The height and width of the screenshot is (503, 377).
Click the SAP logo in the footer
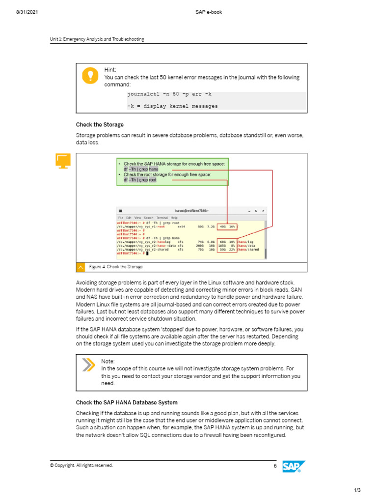pyautogui.click(x=294, y=466)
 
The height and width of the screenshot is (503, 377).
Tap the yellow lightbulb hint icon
pyautogui.click(x=90, y=75)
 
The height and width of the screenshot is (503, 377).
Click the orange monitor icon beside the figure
pyautogui.click(x=63, y=161)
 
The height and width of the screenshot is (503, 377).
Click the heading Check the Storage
pyautogui.click(x=100, y=125)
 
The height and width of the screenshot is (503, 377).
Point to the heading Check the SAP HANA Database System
pyautogui.click(x=127, y=402)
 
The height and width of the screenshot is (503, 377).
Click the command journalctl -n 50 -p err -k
pyautogui.click(x=169, y=93)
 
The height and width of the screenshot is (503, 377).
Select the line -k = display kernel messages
pyautogui.click(x=172, y=106)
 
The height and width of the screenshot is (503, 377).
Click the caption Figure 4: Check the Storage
pyautogui.click(x=116, y=267)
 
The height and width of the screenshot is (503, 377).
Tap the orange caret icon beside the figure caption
pyautogui.click(x=81, y=267)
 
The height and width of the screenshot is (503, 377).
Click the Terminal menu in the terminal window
pyautogui.click(x=162, y=217)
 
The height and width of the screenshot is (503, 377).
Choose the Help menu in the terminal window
pyautogui.click(x=174, y=217)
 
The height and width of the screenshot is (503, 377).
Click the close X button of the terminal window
pyautogui.click(x=263, y=211)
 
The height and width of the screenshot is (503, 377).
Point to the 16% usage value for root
pyautogui.click(x=232, y=227)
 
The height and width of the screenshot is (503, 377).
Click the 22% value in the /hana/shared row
pyautogui.click(x=232, y=250)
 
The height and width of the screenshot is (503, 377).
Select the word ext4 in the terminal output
pyautogui.click(x=181, y=227)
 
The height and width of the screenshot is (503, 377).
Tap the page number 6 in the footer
pyautogui.click(x=275, y=465)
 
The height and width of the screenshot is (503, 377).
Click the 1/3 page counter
pyautogui.click(x=357, y=490)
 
